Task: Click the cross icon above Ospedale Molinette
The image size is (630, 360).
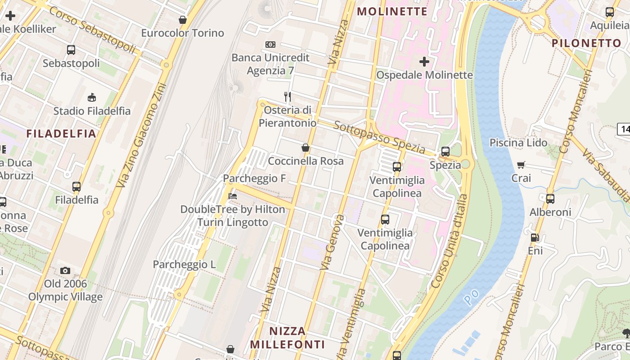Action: (x=424, y=61)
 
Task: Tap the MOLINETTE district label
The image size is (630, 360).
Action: (x=392, y=12)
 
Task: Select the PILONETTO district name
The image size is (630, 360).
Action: (x=586, y=43)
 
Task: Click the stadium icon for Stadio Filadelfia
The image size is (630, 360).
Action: (x=92, y=97)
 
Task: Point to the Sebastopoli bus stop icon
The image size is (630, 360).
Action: (x=71, y=50)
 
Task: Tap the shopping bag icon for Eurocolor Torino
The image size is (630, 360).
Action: (x=183, y=20)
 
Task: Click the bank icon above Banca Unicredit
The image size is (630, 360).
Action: (x=270, y=45)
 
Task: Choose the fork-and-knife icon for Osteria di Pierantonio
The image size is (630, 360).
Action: (x=288, y=96)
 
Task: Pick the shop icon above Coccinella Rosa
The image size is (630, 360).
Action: (x=306, y=148)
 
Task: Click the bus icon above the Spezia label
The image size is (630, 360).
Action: (x=445, y=152)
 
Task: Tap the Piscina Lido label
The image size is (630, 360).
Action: (x=518, y=143)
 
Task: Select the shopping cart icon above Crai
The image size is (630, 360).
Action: (x=521, y=165)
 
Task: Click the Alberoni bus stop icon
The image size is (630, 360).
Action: (x=550, y=198)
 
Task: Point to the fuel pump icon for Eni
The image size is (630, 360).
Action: (x=535, y=237)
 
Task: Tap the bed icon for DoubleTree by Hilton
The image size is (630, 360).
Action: (x=233, y=196)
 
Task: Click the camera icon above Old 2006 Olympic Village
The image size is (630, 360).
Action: (x=65, y=270)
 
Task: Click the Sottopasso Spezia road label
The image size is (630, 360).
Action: (x=379, y=136)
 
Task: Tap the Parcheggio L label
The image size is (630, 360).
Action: (x=184, y=265)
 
